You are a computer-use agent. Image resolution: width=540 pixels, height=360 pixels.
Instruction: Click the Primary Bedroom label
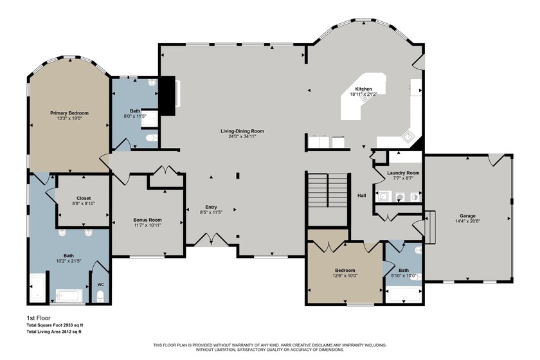[69, 113]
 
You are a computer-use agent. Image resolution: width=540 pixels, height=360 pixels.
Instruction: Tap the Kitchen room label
[363, 89]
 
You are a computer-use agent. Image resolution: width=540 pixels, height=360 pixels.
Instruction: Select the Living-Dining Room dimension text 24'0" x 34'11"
[242, 136]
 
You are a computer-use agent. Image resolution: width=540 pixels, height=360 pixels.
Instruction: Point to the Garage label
[467, 216]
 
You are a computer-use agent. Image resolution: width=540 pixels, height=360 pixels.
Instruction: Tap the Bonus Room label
[147, 220]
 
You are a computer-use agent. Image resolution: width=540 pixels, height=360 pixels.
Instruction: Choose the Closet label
[84, 198]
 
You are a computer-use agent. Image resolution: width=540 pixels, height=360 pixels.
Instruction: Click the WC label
[100, 285]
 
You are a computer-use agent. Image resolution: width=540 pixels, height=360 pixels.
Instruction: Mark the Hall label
[361, 195]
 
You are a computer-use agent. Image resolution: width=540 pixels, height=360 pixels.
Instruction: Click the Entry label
[211, 207]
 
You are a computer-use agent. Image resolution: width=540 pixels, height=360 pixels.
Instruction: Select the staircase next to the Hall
[327, 190]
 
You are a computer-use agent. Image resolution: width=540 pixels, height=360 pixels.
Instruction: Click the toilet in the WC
[100, 296]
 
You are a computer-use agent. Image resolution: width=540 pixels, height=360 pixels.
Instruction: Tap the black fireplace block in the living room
[168, 96]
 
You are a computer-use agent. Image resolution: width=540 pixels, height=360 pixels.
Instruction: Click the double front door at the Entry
[212, 239]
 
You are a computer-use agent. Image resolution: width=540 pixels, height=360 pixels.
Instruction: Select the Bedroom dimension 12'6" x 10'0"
[345, 276]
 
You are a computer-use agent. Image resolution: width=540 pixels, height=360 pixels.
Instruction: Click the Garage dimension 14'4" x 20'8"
[467, 221]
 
